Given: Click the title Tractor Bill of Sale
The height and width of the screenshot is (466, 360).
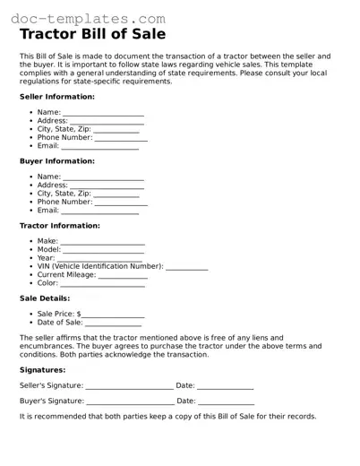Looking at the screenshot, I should tap(92, 35).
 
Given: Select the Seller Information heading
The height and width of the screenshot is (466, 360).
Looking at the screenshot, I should tap(56, 96).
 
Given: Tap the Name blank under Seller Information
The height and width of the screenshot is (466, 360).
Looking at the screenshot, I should tap(103, 113).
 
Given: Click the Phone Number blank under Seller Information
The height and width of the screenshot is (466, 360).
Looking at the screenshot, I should tap(121, 138).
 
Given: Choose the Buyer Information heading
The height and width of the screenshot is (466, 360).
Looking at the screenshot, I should tap(56, 161).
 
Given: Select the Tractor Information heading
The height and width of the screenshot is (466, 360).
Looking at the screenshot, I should tap(60, 226).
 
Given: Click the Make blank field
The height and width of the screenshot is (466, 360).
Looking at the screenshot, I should tap(102, 242).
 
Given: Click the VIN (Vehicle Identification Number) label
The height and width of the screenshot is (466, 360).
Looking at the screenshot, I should tap(99, 266).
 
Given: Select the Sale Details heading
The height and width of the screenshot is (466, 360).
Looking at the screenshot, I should tap(45, 298).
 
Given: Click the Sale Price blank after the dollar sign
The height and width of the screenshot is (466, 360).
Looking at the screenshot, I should tap(113, 315).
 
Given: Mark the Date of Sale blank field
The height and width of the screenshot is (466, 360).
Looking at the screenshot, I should tap(113, 323).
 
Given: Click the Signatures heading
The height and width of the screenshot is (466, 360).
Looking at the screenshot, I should tap(42, 369).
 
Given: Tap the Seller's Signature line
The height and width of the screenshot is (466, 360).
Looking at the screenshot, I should tap(129, 386).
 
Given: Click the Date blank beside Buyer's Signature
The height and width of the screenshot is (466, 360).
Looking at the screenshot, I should tap(225, 402).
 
